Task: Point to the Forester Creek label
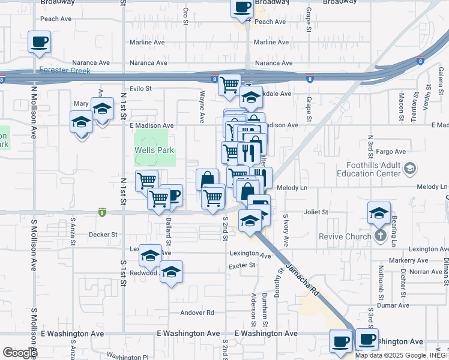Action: (65, 71)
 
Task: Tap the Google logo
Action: (20, 352)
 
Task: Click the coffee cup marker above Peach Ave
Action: (242, 8)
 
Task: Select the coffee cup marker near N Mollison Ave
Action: (39, 42)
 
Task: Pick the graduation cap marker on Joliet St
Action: (379, 213)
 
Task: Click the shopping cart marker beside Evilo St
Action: (229, 85)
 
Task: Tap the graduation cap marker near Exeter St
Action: (171, 272)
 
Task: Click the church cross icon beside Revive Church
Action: (379, 236)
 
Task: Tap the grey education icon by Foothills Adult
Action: (409, 169)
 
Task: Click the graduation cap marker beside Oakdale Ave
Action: (251, 98)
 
